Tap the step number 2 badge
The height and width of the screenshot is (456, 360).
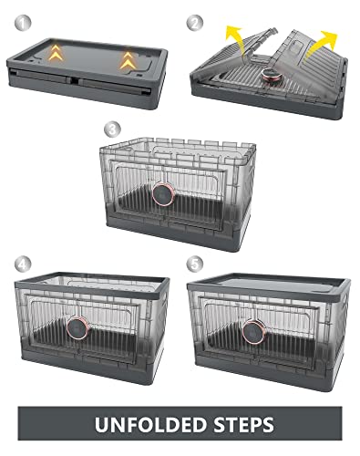(x=194, y=20)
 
